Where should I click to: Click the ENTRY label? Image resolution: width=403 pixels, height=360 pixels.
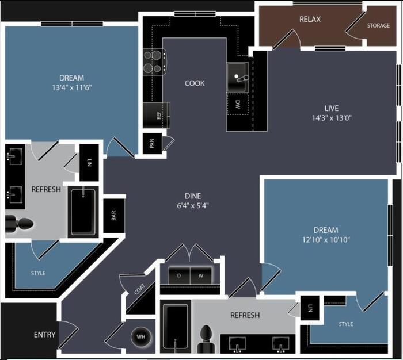coord(44,335)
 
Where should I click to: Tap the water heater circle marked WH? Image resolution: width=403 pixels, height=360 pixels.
coord(141,336)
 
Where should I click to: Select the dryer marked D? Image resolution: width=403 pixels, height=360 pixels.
coord(179,275)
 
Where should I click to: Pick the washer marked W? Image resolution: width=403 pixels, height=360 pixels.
coord(201,275)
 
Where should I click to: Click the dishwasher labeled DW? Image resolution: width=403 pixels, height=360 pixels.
coord(238,104)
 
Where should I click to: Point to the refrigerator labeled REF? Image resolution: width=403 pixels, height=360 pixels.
coord(156,115)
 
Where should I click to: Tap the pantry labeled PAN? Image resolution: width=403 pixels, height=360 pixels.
coord(152,143)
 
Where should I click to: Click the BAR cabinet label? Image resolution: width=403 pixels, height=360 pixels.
coord(114,216)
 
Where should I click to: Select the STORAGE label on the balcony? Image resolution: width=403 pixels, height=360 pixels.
coord(378,25)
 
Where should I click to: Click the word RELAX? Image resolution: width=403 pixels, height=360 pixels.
coord(310,19)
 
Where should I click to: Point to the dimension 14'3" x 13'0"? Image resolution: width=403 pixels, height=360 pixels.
coord(332,118)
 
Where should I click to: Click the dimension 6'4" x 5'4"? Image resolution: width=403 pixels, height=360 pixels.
coord(193,206)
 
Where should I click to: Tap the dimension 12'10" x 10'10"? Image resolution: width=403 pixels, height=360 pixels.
coord(326,240)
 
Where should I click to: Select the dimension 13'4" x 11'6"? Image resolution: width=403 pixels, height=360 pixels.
coord(72,87)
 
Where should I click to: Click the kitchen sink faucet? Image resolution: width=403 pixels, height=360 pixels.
coord(241,78)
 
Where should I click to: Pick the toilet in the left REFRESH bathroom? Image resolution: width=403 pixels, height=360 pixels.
coord(19,224)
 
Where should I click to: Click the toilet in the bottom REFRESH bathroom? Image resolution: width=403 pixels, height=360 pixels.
coord(206,339)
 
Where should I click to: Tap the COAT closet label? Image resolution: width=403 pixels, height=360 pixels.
coord(139,289)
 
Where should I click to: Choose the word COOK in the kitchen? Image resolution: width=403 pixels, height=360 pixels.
coord(195,83)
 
